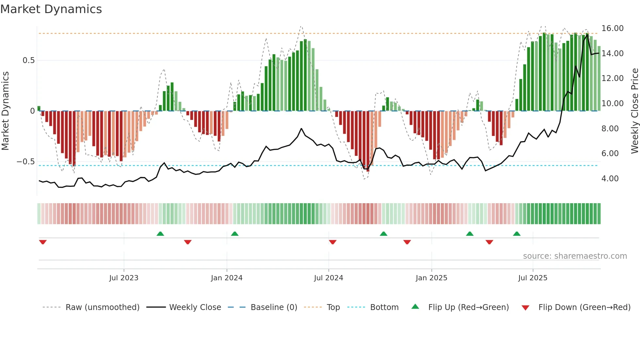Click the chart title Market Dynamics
pos(51,9)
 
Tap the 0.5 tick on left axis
pos(28,60)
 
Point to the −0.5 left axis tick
pos(25,162)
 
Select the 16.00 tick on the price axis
pos(612,28)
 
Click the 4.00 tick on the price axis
pos(610,179)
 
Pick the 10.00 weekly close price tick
pos(612,104)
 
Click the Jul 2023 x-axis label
pos(124,278)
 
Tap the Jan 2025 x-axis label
pos(431,278)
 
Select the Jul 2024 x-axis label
pos(328,278)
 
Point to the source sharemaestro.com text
pos(575,256)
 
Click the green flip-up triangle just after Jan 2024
pos(234,234)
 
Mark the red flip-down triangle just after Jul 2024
pos(332,242)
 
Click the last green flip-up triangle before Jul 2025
pos(517,234)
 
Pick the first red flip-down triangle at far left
pos(43,242)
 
